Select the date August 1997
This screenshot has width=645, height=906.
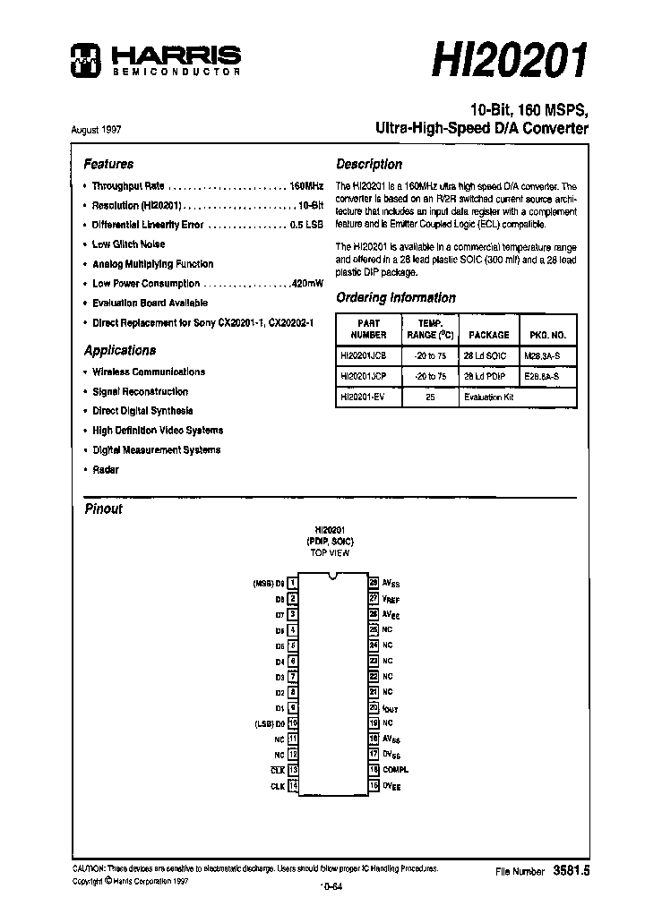96,129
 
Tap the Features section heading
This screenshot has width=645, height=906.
108,165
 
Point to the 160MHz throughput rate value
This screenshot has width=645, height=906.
306,186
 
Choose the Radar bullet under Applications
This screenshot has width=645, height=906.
105,470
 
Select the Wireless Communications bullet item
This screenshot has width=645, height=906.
148,372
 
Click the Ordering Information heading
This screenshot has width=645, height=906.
395,298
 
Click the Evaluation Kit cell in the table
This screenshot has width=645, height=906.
489,397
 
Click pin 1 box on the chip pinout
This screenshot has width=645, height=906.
292,583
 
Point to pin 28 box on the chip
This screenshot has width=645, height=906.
373,583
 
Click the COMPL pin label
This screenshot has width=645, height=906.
395,770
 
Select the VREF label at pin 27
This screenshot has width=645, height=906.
391,599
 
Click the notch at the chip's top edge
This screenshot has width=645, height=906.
332,576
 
